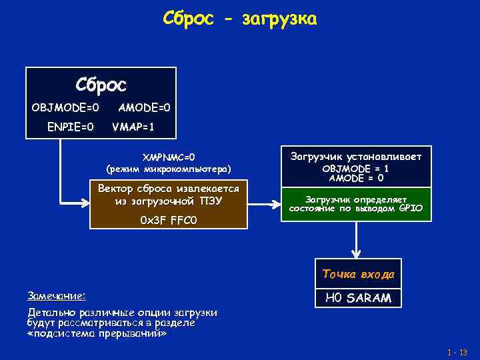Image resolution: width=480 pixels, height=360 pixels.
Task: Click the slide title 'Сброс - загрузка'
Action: point(240,19)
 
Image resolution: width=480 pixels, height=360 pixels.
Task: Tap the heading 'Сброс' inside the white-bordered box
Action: point(101,85)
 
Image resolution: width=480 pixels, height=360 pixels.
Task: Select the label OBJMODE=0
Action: point(65,107)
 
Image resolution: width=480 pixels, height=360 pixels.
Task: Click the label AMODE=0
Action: point(144,107)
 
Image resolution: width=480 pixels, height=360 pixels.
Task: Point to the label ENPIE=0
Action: point(70,126)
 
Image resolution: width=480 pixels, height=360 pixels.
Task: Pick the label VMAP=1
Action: point(133,126)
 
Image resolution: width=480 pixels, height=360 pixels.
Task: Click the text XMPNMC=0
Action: point(169,157)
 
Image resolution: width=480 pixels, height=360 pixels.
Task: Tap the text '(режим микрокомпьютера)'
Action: point(169,169)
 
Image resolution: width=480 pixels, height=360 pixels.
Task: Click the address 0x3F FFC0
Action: point(169,221)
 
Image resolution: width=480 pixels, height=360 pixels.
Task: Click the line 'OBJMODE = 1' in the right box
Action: point(356,169)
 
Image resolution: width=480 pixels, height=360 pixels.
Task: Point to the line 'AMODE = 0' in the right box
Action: point(356,178)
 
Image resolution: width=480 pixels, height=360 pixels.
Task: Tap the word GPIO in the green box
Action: point(411,209)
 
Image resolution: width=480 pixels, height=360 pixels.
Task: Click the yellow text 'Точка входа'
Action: point(358,274)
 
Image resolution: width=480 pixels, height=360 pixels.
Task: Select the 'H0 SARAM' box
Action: point(358,298)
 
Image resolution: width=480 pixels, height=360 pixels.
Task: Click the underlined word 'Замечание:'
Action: point(56,295)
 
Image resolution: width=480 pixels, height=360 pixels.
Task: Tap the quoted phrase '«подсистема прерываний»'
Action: point(97,333)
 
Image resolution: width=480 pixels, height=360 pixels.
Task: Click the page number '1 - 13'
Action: point(458,352)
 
